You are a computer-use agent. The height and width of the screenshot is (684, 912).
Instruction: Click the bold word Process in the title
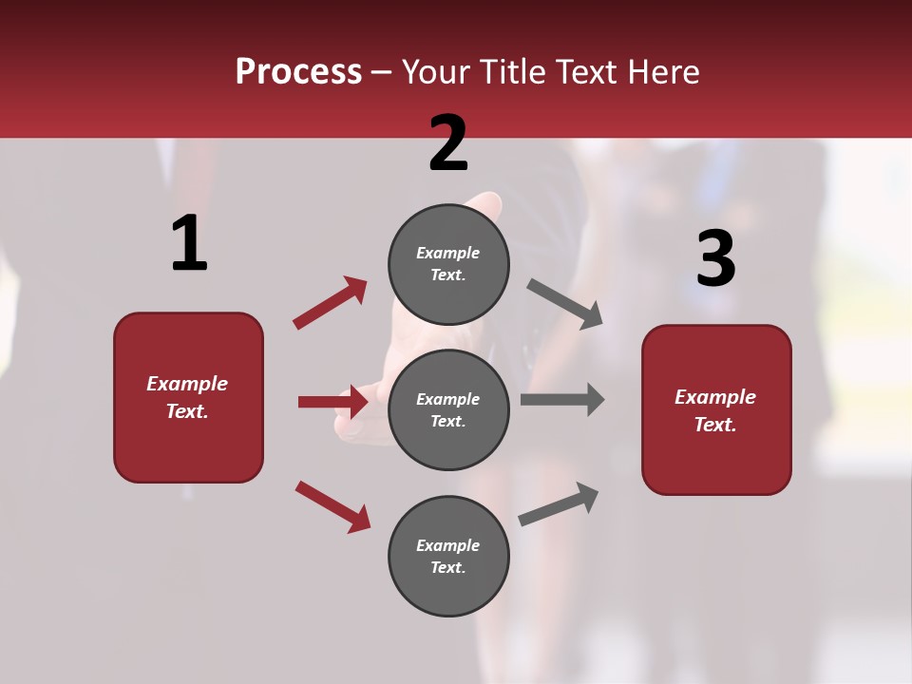click(298, 72)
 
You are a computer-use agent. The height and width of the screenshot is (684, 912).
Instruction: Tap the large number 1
click(189, 243)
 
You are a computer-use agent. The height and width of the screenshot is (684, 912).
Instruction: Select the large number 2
click(448, 142)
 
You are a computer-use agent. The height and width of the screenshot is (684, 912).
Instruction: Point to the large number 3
click(716, 258)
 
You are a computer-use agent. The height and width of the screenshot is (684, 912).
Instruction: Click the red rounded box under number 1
click(188, 397)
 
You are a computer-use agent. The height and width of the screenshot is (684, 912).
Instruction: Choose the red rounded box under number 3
click(716, 409)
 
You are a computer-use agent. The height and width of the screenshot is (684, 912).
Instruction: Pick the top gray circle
click(448, 264)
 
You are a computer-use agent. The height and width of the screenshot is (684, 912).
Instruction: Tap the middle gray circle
click(448, 410)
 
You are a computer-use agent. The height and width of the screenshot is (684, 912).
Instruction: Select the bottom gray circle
click(448, 557)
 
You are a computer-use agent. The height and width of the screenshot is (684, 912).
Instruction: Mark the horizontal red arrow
click(333, 402)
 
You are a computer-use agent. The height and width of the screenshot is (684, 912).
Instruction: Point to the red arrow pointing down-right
click(333, 505)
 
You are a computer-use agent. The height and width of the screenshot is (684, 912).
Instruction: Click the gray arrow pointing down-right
click(565, 304)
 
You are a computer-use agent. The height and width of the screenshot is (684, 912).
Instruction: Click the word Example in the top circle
click(448, 253)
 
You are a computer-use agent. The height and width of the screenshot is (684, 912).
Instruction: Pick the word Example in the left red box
click(187, 384)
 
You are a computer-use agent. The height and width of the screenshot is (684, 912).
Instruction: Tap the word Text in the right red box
click(713, 425)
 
